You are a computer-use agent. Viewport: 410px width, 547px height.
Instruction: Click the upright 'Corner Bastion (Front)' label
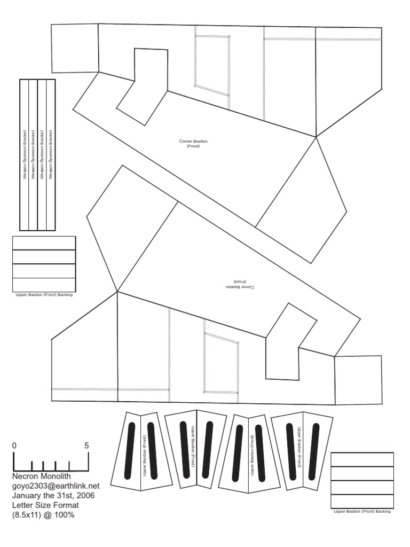tap(193, 143)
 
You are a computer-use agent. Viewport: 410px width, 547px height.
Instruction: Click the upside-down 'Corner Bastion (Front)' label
tap(241, 284)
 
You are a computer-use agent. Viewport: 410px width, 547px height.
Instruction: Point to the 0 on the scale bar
tap(14, 446)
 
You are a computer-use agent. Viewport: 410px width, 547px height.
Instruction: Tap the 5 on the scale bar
tap(86, 446)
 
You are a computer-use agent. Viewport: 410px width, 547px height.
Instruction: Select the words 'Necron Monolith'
tap(42, 476)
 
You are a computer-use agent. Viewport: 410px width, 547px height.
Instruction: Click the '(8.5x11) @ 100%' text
tap(44, 515)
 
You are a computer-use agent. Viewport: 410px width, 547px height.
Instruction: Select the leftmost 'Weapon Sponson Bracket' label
tap(24, 155)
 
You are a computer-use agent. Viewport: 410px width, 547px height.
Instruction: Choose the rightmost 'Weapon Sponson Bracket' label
tap(51, 155)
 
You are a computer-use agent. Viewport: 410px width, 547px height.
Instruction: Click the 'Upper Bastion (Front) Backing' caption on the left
tap(44, 294)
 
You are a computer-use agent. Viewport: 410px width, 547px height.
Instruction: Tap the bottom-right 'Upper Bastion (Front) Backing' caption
tap(362, 511)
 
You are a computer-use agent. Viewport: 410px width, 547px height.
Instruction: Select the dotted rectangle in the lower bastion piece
tap(221, 364)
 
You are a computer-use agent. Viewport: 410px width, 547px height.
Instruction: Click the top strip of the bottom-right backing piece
tap(362, 459)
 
